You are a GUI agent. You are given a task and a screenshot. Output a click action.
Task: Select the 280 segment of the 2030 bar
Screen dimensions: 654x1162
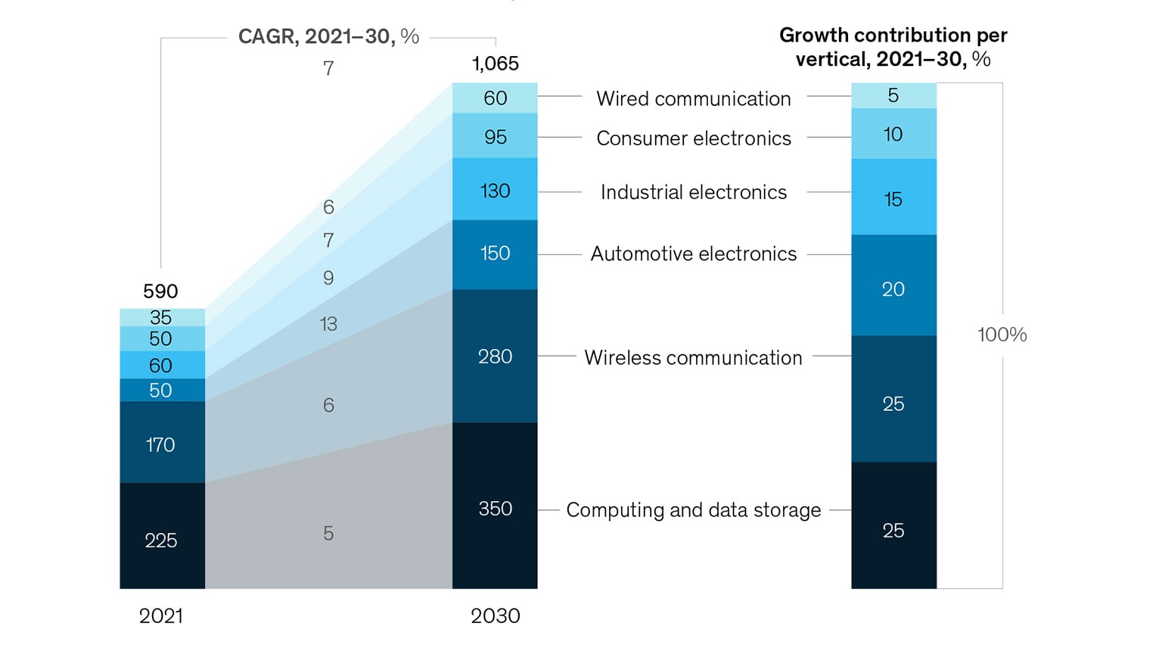click(495, 356)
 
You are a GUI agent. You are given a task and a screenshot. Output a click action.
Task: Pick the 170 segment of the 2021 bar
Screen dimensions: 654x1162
click(161, 444)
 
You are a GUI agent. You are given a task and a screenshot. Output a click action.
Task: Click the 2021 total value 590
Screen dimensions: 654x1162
click(160, 291)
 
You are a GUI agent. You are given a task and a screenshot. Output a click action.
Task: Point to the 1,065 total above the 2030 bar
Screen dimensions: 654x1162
click(496, 64)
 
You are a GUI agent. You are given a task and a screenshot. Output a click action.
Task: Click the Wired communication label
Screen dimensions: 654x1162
click(693, 98)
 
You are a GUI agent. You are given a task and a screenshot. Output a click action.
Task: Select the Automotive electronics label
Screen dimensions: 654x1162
click(693, 254)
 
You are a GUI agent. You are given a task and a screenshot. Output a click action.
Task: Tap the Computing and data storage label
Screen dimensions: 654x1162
click(693, 509)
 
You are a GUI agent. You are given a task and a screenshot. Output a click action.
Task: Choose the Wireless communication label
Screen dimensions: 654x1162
click(693, 357)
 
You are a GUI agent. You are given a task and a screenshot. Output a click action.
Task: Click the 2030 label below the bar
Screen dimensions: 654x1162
click(496, 615)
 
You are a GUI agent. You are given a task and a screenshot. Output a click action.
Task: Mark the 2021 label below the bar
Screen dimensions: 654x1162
click(161, 615)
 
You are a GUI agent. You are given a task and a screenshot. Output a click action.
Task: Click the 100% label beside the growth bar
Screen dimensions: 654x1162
click(1002, 335)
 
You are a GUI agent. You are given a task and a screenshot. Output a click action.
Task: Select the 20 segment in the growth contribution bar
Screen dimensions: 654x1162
click(893, 288)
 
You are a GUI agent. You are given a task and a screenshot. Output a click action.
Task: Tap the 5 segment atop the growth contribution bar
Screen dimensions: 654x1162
click(893, 95)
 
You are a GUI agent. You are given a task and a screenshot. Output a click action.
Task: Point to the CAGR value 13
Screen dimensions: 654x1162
click(328, 324)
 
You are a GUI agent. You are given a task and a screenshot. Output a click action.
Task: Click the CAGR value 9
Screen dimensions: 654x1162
click(328, 278)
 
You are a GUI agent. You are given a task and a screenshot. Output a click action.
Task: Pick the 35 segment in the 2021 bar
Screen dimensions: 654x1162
click(161, 317)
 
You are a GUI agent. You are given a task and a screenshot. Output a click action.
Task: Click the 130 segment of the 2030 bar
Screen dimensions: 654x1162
click(495, 191)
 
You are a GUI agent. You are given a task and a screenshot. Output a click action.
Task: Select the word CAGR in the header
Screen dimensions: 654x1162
click(266, 36)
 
